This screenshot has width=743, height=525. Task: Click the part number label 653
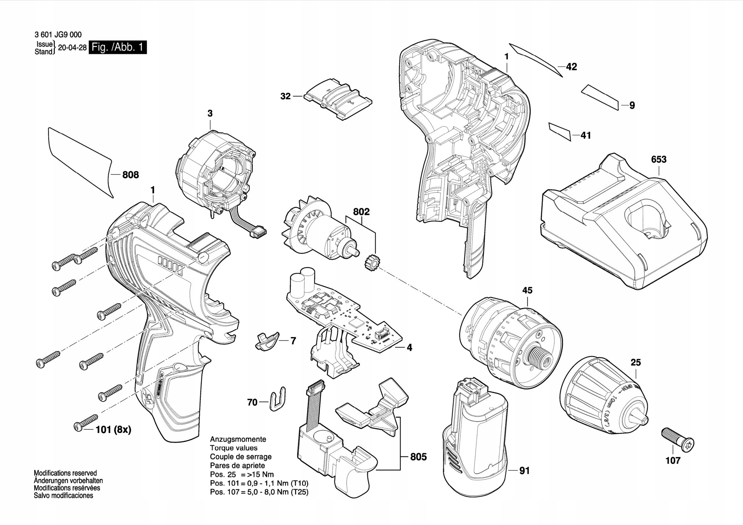pos(659,159)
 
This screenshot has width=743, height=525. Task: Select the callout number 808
pos(131,175)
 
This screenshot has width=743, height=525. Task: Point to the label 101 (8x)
pos(113,430)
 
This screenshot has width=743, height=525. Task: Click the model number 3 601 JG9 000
pos(57,34)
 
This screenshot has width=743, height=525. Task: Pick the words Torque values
pos(234,448)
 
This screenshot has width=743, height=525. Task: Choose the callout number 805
pos(418,457)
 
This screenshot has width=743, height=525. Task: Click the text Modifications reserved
pos(65,473)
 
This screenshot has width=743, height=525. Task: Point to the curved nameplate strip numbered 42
pos(536,60)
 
